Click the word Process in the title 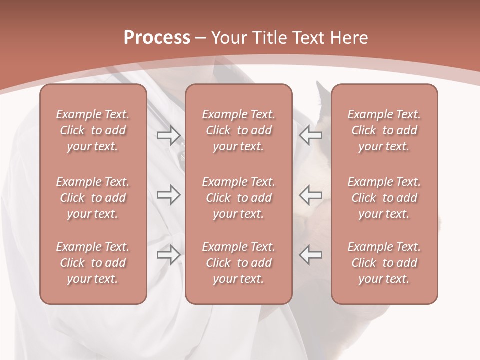(x=157, y=38)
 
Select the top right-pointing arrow (x=169, y=135)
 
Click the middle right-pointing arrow (x=169, y=194)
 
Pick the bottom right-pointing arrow (x=169, y=254)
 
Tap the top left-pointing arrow (x=310, y=135)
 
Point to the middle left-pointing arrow (x=310, y=194)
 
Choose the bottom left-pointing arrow (x=310, y=254)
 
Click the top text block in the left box (x=93, y=130)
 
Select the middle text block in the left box (x=93, y=198)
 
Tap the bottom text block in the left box (x=93, y=263)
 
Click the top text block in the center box (x=239, y=130)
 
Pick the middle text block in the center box (x=239, y=198)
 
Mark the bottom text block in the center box (x=239, y=263)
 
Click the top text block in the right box (x=384, y=130)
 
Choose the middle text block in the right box (x=384, y=198)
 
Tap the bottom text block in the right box (x=384, y=263)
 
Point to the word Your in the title (x=228, y=38)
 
